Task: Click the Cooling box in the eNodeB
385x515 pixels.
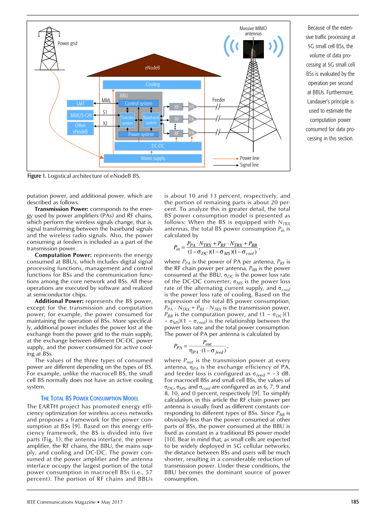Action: point(152,85)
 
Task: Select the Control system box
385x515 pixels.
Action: point(138,103)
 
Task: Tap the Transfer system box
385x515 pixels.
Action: point(127,120)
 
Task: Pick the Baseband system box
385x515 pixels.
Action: point(151,120)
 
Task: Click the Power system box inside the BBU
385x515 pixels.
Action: point(141,135)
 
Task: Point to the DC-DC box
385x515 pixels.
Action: point(158,146)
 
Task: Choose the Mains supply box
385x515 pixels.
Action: point(153,158)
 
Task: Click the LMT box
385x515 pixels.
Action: point(80,103)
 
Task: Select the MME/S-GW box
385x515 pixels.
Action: point(80,115)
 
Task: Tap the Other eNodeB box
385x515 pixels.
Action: point(80,128)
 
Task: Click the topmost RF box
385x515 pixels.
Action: point(177,107)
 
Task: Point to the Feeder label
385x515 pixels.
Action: point(219,100)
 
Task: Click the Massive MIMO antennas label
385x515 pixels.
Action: point(253,31)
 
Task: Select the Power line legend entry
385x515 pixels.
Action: point(249,158)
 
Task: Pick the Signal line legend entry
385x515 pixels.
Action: point(249,165)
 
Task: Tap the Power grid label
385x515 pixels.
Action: point(67,43)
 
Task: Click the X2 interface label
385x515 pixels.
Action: point(105,123)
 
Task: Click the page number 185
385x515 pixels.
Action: point(355,502)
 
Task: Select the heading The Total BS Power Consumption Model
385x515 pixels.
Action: point(89,398)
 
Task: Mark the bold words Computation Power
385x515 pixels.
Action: point(63,255)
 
